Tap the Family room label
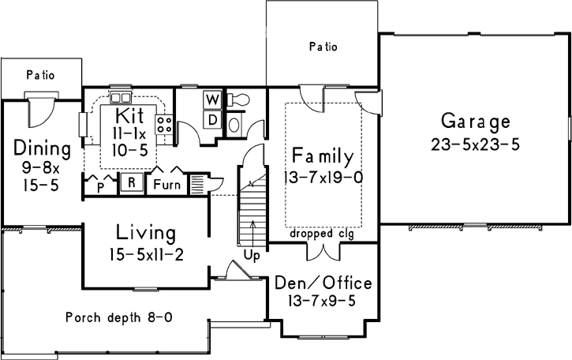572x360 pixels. click(322, 154)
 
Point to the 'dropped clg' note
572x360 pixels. click(322, 234)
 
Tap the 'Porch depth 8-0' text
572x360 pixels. click(118, 318)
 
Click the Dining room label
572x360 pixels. click(42, 148)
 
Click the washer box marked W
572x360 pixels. click(211, 100)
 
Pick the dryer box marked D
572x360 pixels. click(211, 119)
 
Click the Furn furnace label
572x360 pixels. click(166, 185)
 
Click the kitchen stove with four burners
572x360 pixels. click(164, 125)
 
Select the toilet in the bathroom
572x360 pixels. click(238, 99)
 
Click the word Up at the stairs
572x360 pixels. click(253, 255)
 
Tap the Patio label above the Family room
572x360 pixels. click(323, 47)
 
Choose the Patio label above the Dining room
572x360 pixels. click(40, 76)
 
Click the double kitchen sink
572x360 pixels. click(121, 98)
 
